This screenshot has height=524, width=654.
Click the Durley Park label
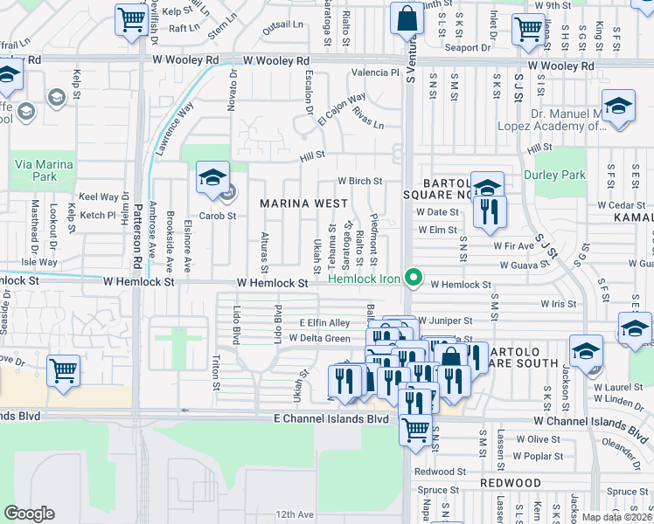coord(554,175)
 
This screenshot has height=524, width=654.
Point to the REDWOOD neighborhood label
coord(511,483)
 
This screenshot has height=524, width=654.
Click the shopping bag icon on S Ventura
coord(407,17)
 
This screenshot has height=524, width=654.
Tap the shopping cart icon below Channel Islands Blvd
coord(414,429)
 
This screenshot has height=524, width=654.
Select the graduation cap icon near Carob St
coord(212,177)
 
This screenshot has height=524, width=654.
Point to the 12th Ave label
coord(294,514)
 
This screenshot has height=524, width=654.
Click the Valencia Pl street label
coord(375,72)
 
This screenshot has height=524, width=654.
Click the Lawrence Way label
coord(175,128)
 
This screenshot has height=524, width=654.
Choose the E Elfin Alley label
coord(325,322)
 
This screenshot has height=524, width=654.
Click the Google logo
coord(30,514)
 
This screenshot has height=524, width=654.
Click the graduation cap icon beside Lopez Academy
coord(618,107)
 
